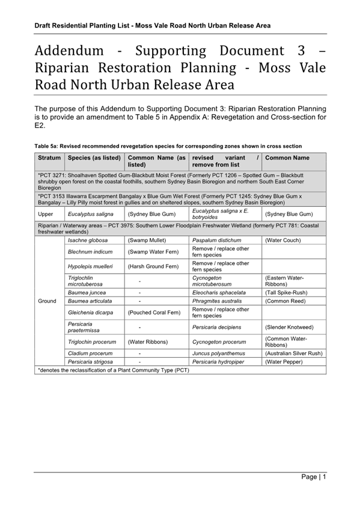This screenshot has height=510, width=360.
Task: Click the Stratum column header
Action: (x=49, y=158)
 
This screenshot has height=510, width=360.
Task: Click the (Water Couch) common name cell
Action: (x=285, y=239)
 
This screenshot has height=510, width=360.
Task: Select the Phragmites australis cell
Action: (x=216, y=301)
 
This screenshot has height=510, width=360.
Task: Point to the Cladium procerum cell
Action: (x=90, y=354)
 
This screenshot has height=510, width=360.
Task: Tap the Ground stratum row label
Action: (x=47, y=301)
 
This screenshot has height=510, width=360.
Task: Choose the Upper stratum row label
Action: (x=46, y=214)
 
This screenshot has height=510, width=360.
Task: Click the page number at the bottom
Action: (x=314, y=477)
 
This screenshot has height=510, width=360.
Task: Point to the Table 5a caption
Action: (x=168, y=146)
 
